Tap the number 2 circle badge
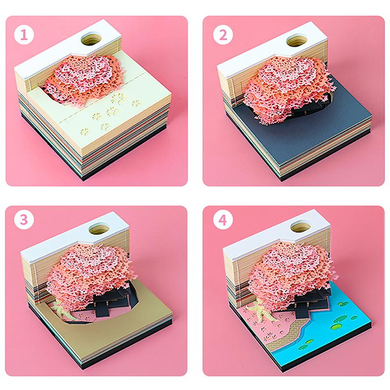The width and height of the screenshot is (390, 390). [x=223, y=35]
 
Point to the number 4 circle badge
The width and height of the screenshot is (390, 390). [x=223, y=220]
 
